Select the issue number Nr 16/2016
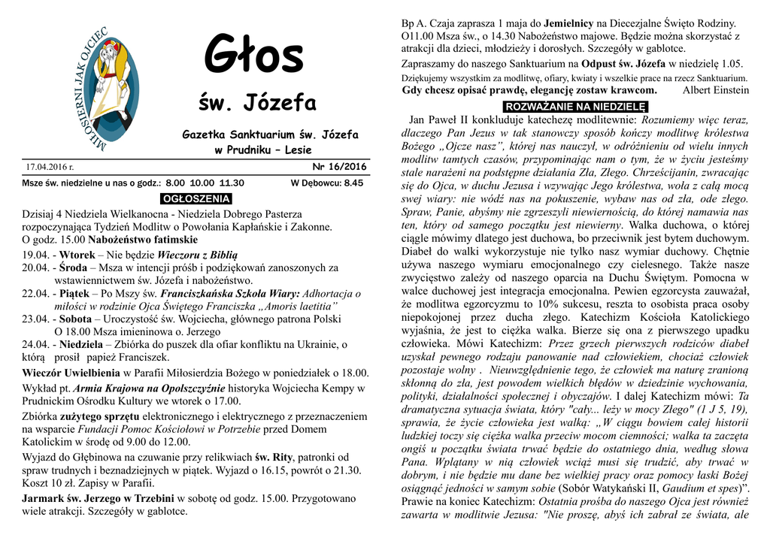[339, 167]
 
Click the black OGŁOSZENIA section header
[196, 199]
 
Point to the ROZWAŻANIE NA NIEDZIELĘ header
[575, 106]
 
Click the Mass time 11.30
[232, 183]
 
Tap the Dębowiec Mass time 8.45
[354, 183]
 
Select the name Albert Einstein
[715, 90]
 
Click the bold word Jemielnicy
[567, 24]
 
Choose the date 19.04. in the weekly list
[35, 255]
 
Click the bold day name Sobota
[76, 319]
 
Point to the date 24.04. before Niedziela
[35, 344]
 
